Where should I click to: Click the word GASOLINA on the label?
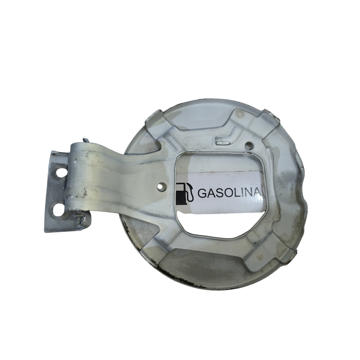coord(229,193)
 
